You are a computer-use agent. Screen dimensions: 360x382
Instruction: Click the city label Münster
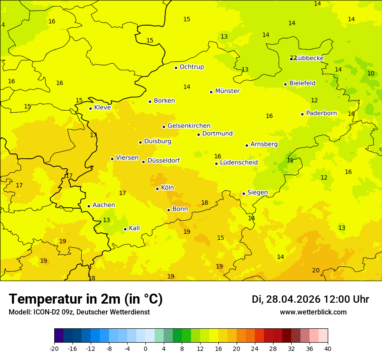pyautogui.click(x=227, y=91)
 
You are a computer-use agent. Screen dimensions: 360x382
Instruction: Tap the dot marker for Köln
pyautogui.click(x=158, y=189)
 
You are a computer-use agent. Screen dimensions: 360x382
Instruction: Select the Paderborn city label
pyautogui.click(x=321, y=113)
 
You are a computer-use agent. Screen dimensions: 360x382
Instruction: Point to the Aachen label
pyautogui.click(x=104, y=205)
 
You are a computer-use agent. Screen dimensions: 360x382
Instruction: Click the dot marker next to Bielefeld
pyautogui.click(x=286, y=84)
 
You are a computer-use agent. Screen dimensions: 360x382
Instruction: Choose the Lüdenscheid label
pyautogui.click(x=239, y=163)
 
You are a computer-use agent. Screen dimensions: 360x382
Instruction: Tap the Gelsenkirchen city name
pyautogui.click(x=189, y=126)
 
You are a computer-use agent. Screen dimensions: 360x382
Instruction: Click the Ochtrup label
pyautogui.click(x=191, y=67)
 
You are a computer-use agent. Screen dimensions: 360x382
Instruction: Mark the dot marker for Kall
pyautogui.click(x=125, y=229)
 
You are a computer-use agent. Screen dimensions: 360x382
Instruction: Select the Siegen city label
pyautogui.click(x=257, y=193)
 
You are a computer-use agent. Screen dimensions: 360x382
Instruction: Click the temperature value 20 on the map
pyautogui.click(x=316, y=270)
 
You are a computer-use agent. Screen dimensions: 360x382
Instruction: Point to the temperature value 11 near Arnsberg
pyautogui.click(x=290, y=160)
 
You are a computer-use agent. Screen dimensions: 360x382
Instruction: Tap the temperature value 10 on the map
pyautogui.click(x=371, y=73)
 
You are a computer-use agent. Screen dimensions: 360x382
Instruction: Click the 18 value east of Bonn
pyautogui.click(x=204, y=203)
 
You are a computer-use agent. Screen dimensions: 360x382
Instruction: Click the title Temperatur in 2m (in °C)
pyautogui.click(x=86, y=299)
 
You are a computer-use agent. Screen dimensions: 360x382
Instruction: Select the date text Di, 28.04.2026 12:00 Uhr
pyautogui.click(x=310, y=299)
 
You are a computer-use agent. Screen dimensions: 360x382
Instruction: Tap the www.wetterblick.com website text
pyautogui.click(x=313, y=312)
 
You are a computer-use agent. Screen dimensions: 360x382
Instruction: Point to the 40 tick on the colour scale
pyautogui.click(x=328, y=348)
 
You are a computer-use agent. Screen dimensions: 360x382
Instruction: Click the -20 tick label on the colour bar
pyautogui.click(x=54, y=348)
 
